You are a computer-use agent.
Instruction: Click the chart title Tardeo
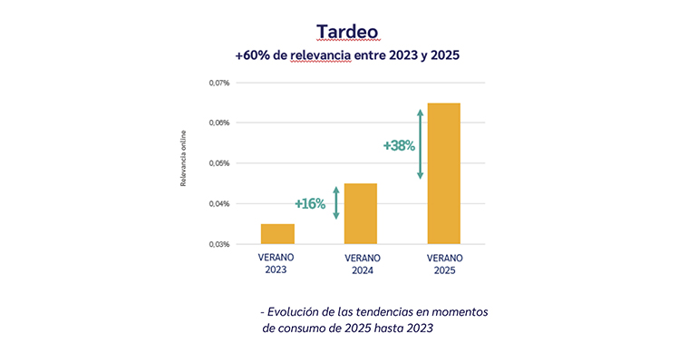[x=348, y=31]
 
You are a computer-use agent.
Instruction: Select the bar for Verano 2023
[x=277, y=234]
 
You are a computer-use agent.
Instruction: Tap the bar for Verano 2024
[x=361, y=214]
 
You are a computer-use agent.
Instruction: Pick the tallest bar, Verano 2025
[x=443, y=173]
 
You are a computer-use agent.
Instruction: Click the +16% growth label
[x=310, y=203]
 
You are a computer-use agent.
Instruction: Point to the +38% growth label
[x=398, y=145]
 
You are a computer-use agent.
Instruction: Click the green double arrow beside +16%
[x=336, y=203]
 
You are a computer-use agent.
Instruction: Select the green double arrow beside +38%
[x=420, y=143]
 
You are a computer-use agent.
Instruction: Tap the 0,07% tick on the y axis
[x=219, y=83]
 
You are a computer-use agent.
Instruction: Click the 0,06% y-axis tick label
[x=219, y=123]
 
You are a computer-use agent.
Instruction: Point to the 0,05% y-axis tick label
[x=219, y=163]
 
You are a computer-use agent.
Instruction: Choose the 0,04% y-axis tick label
[x=219, y=204]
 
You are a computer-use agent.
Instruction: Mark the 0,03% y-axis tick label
[x=219, y=244]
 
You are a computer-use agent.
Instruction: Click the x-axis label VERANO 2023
[x=276, y=263]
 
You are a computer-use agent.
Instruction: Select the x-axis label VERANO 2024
[x=361, y=263]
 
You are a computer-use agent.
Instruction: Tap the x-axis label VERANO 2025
[x=444, y=263]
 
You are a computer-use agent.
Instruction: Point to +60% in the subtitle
[x=251, y=56]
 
